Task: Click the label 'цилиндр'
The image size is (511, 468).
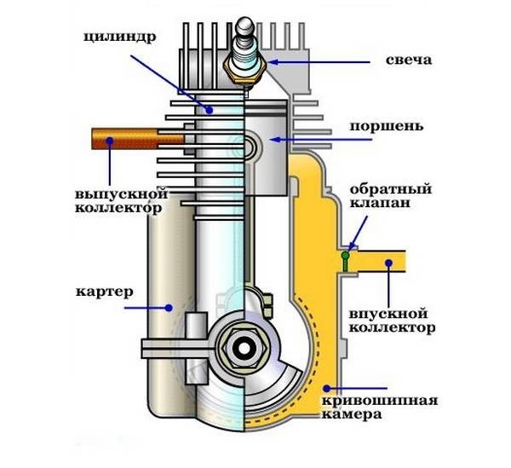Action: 120,38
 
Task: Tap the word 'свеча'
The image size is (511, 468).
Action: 409,60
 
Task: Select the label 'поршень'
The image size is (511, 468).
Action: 387,127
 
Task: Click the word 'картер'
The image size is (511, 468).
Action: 105,292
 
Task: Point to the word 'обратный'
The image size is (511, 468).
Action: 391,189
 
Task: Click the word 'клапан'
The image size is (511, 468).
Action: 380,203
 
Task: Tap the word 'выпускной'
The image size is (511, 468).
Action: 122,194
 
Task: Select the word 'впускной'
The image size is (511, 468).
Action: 388,314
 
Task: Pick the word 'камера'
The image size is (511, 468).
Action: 352,415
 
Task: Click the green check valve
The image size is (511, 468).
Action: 345,261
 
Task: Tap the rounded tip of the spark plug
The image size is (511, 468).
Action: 245,23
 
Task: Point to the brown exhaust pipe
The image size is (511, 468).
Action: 137,139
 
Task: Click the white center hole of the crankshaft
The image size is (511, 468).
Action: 244,349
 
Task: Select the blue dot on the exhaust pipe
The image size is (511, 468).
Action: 110,141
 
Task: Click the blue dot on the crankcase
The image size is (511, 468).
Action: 169,308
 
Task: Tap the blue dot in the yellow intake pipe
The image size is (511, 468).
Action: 388,263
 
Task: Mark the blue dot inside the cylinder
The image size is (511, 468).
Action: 210,111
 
